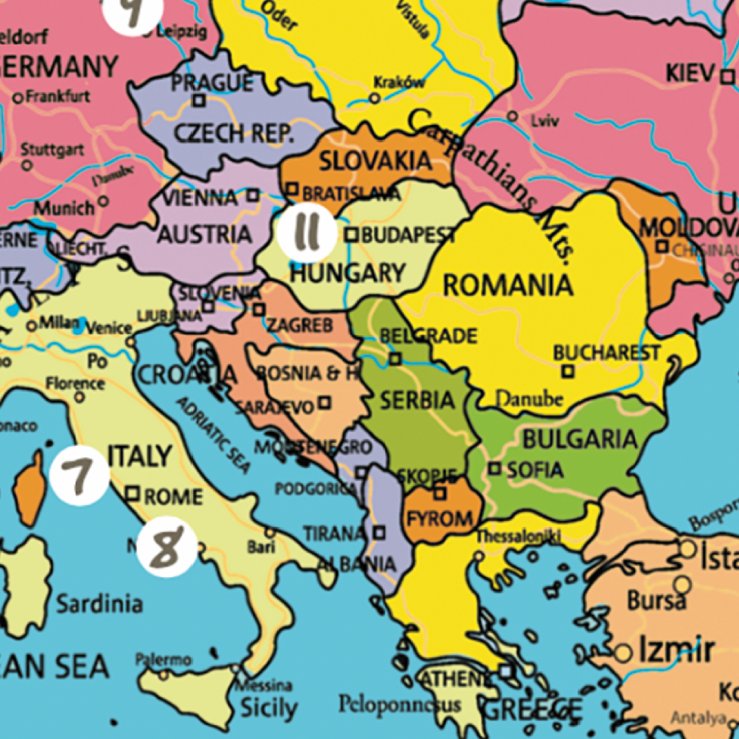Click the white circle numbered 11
click(305, 232)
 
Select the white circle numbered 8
click(167, 547)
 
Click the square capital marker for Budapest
click(352, 235)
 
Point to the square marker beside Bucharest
click(567, 371)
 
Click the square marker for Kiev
click(727, 76)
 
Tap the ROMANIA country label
click(507, 286)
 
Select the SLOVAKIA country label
click(365, 161)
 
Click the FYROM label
click(440, 520)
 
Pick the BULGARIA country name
click(580, 439)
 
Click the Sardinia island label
click(99, 604)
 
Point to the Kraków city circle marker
click(374, 98)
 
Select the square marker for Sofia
click(494, 469)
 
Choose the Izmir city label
click(675, 650)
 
